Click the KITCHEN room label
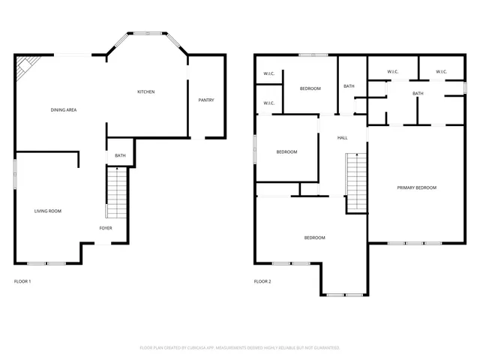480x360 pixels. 145,92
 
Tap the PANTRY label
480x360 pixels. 205,100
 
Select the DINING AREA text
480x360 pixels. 64,110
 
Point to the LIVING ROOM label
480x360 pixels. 48,211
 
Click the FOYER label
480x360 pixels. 106,227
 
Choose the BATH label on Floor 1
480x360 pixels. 120,156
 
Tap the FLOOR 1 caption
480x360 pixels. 22,281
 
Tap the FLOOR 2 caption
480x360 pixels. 262,281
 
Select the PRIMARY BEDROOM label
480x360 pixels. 416,187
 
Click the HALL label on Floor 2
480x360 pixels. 342,138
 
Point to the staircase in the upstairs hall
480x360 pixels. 356,181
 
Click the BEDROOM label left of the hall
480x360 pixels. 286,152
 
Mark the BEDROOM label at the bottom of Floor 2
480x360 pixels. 314,238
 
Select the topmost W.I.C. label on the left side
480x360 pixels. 268,73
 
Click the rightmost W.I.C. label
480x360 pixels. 441,72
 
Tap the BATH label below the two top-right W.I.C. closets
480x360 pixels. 418,93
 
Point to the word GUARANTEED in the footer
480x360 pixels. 322,348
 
